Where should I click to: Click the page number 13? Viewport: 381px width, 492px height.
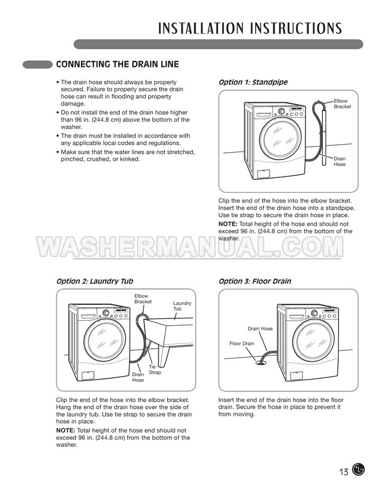tap(344, 472)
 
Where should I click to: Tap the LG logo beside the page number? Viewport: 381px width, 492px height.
tap(358, 470)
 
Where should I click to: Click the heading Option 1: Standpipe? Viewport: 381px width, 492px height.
tap(253, 82)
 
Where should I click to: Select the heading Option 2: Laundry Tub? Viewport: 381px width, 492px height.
tap(95, 281)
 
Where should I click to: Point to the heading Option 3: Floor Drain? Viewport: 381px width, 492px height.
tap(255, 281)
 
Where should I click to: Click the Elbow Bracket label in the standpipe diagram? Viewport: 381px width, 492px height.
tap(342, 104)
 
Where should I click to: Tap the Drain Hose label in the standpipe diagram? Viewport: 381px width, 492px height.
tap(339, 161)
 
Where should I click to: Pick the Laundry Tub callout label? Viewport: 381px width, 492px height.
tap(182, 306)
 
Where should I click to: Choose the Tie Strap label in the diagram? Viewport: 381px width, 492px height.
tap(155, 370)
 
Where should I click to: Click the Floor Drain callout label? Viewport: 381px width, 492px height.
tap(242, 344)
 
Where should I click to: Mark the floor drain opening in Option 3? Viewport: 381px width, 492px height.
tap(261, 363)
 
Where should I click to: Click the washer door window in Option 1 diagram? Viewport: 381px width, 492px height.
tap(281, 139)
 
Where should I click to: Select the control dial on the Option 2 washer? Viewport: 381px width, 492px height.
tap(106, 313)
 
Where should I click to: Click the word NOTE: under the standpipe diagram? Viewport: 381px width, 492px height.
tap(228, 224)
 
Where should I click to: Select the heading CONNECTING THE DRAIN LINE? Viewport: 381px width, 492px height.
tap(117, 64)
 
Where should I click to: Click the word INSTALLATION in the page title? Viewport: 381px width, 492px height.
tap(201, 28)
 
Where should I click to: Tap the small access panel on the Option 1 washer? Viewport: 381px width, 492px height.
tap(264, 174)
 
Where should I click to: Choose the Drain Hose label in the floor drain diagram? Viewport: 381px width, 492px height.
tap(261, 329)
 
